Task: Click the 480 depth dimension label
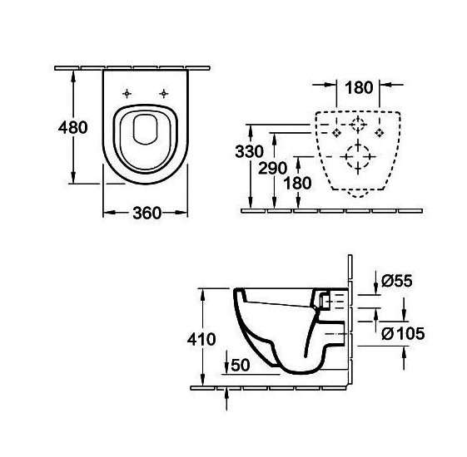(x=73, y=128)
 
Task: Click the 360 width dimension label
(x=147, y=213)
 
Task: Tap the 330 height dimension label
(x=249, y=151)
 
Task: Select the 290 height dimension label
(x=272, y=168)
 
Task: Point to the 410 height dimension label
(x=201, y=339)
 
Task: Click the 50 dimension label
(x=241, y=365)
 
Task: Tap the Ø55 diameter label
(x=397, y=281)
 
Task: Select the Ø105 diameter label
(x=403, y=333)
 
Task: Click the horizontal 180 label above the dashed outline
(x=359, y=87)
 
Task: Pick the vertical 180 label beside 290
(x=297, y=183)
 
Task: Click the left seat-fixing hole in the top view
(x=127, y=94)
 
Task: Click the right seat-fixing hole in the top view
(x=163, y=94)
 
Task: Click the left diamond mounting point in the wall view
(x=336, y=132)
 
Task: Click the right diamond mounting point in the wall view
(x=379, y=132)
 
